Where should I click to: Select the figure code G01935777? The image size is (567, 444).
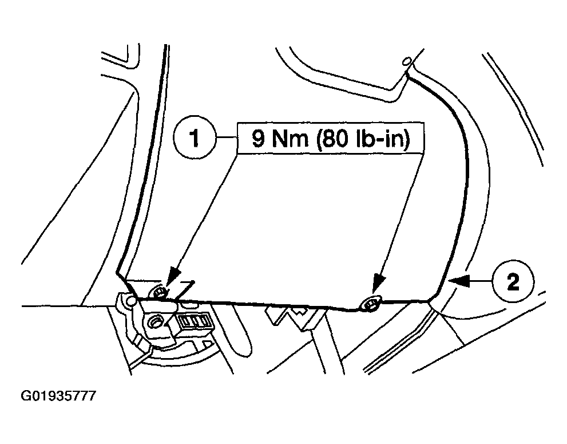pyautogui.click(x=58, y=396)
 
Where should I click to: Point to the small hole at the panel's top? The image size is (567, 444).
pyautogui.click(x=406, y=61)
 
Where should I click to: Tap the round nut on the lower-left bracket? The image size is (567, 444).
pyautogui.click(x=154, y=324)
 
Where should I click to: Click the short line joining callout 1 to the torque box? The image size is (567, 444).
pyautogui.click(x=226, y=139)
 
